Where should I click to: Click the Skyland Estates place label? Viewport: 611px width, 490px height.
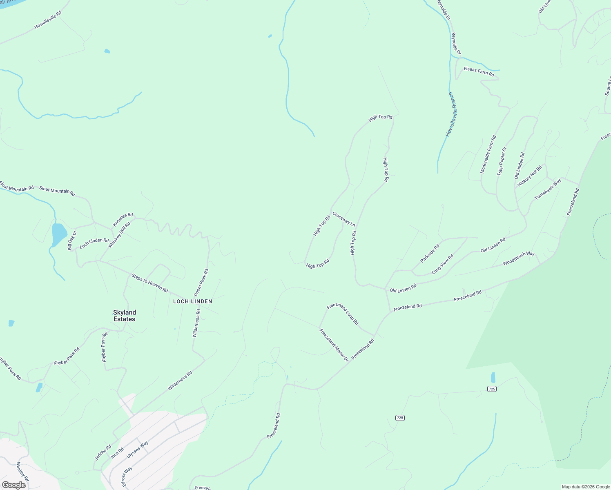click(x=125, y=316)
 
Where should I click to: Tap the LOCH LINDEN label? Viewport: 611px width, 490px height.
click(x=193, y=301)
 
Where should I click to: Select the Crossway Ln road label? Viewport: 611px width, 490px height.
click(x=344, y=219)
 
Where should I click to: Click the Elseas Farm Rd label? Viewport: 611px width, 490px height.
click(x=479, y=71)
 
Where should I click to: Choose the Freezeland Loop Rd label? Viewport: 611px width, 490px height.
click(x=342, y=314)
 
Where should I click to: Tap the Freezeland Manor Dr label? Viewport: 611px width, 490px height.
click(x=334, y=345)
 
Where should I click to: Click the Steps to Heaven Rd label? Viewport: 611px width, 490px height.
click(x=149, y=283)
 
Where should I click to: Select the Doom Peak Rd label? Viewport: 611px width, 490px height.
click(x=201, y=283)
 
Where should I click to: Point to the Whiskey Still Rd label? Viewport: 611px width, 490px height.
click(x=119, y=235)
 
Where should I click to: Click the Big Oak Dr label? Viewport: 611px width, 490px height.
click(x=72, y=241)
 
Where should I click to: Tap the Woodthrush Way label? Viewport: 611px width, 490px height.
click(x=519, y=258)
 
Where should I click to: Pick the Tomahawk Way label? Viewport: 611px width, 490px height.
click(x=548, y=189)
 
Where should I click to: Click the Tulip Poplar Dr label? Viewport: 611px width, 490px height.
click(x=501, y=161)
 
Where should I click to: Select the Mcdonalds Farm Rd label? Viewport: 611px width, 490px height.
click(x=488, y=154)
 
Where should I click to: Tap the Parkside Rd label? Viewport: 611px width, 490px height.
click(x=430, y=253)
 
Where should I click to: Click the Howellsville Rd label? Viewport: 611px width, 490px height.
click(x=48, y=20)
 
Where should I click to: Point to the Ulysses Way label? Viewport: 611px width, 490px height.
click(x=137, y=449)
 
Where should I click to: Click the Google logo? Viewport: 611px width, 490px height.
click(x=13, y=485)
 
